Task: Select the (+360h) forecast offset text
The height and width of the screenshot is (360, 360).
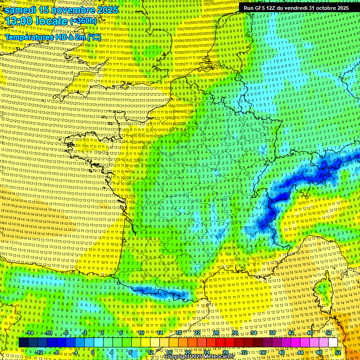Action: (x=83, y=22)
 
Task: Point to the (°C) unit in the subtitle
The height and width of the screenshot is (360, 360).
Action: (x=94, y=37)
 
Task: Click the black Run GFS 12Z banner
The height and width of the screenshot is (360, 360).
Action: (x=296, y=8)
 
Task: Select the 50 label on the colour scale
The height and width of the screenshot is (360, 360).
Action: (x=329, y=333)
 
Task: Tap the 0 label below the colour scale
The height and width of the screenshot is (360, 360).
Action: (x=93, y=352)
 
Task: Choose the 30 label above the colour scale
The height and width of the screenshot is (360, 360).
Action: (x=234, y=333)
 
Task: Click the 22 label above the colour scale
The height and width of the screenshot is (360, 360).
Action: (x=197, y=333)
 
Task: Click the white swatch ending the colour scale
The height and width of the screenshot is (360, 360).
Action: (x=333, y=343)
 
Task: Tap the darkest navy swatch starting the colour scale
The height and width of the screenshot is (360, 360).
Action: (x=23, y=343)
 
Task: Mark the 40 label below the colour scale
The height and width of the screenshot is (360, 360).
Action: (x=281, y=352)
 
